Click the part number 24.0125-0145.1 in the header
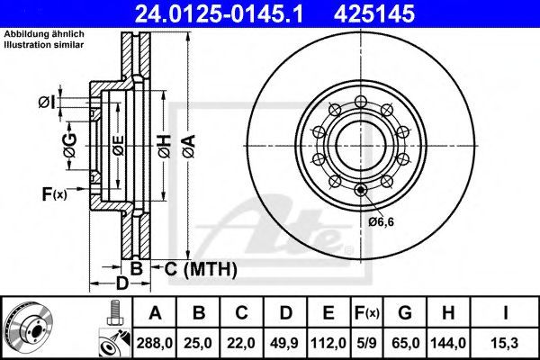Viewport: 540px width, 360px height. point(219,14)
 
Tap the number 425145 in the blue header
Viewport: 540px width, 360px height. point(374,14)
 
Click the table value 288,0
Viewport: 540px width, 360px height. point(154,343)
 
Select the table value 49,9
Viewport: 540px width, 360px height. point(284,343)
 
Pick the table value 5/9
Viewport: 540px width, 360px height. point(366,343)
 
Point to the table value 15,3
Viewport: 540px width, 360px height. point(505,343)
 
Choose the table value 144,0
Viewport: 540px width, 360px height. point(448,343)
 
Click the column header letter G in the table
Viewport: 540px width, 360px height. point(405,313)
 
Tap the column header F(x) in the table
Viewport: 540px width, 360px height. point(367,313)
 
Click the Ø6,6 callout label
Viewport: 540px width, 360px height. point(381,222)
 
